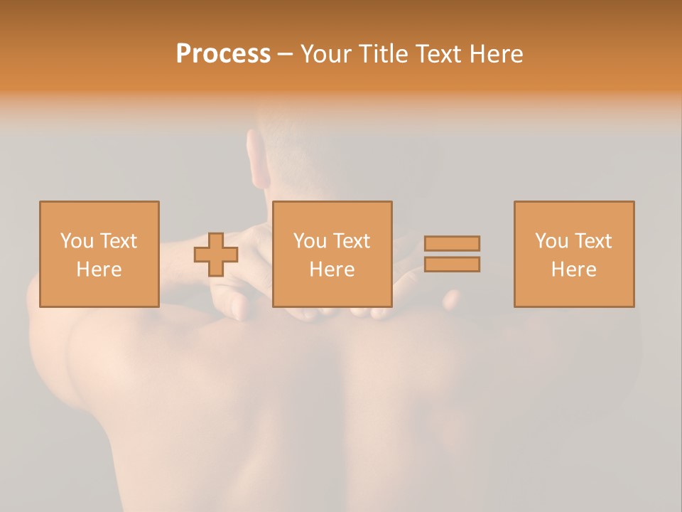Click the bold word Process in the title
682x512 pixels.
223,54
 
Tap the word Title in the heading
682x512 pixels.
385,54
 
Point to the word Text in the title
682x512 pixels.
437,54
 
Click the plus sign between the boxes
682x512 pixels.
216,255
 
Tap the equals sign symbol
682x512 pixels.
452,254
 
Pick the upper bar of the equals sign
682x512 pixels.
452,243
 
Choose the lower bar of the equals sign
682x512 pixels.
452,265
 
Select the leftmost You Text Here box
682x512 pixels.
99,254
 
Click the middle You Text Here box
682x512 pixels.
332,254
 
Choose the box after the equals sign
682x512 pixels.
573,254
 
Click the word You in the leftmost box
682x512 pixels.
75,241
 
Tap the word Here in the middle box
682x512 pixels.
332,270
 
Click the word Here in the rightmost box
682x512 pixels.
573,270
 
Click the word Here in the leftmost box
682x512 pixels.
99,270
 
